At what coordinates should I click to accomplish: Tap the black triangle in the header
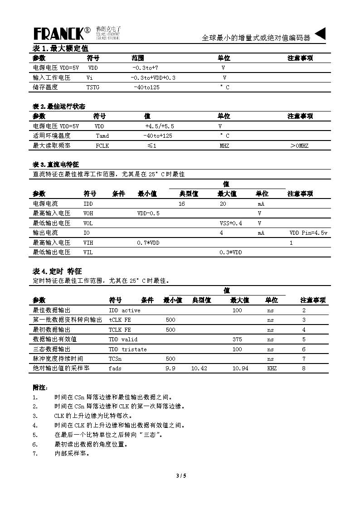(320, 34)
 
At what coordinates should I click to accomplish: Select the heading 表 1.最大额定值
(60, 48)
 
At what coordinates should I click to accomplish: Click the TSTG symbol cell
(93, 87)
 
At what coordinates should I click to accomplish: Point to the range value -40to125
(146, 87)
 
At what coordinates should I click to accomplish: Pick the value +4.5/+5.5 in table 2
(159, 126)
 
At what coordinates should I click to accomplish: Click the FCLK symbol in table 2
(102, 146)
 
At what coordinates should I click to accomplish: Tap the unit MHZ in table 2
(224, 146)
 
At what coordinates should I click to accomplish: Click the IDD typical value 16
(182, 204)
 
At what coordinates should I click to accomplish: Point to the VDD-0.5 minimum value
(148, 213)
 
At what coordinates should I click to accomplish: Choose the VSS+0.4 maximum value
(231, 223)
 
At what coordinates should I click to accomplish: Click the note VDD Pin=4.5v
(308, 233)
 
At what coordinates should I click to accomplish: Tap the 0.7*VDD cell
(148, 242)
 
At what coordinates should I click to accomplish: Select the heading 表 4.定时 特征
(57, 271)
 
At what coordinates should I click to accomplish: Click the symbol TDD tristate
(127, 349)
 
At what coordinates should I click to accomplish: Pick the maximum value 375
(237, 339)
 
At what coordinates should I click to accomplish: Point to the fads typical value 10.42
(199, 368)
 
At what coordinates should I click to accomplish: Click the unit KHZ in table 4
(272, 368)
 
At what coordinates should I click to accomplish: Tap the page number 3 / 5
(181, 476)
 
